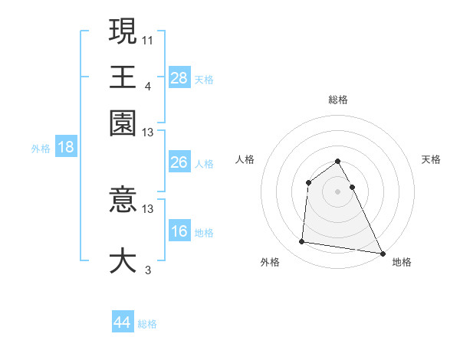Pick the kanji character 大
pyautogui.click(x=123, y=259)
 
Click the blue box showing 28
pyautogui.click(x=179, y=77)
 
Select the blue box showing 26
pyautogui.click(x=179, y=162)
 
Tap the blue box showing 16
pyautogui.click(x=179, y=231)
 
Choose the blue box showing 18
pyautogui.click(x=66, y=147)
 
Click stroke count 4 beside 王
pyautogui.click(x=148, y=85)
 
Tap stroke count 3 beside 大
pyautogui.click(x=148, y=269)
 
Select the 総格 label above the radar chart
pyautogui.click(x=338, y=100)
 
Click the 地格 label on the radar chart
pyautogui.click(x=402, y=262)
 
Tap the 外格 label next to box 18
pyautogui.click(x=41, y=149)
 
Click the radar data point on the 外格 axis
pyautogui.click(x=302, y=242)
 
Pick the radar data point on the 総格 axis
pyautogui.click(x=338, y=161)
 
